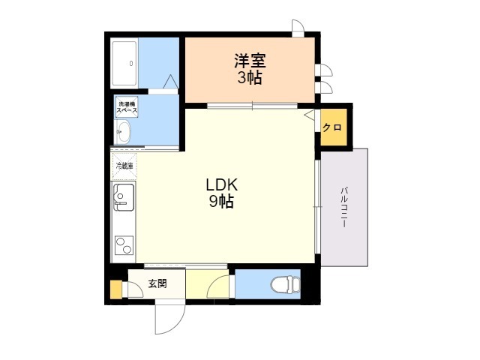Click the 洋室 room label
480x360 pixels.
[250, 61]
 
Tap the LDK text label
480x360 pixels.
[222, 185]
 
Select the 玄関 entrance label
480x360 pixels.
[157, 283]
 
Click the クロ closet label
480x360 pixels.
[332, 127]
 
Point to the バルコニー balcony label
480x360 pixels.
[344, 207]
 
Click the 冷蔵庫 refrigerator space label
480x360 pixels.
[124, 166]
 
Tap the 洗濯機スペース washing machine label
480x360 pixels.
[127, 107]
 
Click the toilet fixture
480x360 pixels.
[286, 284]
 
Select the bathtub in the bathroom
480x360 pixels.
[124, 63]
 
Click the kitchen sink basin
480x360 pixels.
[124, 197]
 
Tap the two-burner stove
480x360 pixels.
[124, 245]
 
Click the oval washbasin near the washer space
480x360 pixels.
[123, 132]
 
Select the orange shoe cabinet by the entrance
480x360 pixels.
[116, 289]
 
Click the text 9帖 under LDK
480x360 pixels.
[222, 202]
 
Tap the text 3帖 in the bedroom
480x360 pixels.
[250, 77]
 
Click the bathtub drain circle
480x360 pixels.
[131, 64]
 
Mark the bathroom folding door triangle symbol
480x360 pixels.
[170, 82]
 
